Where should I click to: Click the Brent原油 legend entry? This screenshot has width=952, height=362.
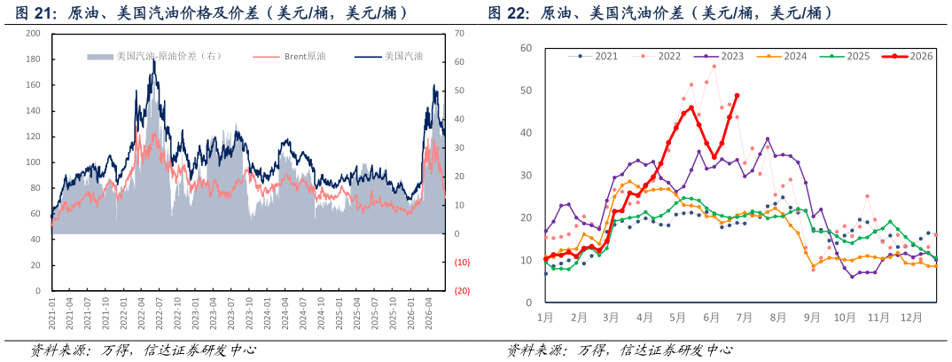pos(289,57)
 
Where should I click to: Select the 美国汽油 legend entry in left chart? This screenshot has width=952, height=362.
pos(388,57)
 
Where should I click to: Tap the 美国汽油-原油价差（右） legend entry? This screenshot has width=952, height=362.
pos(154,57)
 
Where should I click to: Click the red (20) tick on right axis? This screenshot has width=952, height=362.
pos(463,291)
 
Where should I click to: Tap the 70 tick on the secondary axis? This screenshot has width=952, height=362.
pos(459,34)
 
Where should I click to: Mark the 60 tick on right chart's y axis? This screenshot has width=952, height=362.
pos(527,48)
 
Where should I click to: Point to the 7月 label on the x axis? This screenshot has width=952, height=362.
pos(745,317)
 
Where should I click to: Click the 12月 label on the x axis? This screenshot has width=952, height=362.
pos(912,317)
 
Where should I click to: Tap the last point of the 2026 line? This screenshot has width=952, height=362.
pos(737,95)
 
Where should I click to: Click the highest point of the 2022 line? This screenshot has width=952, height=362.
pos(714,67)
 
